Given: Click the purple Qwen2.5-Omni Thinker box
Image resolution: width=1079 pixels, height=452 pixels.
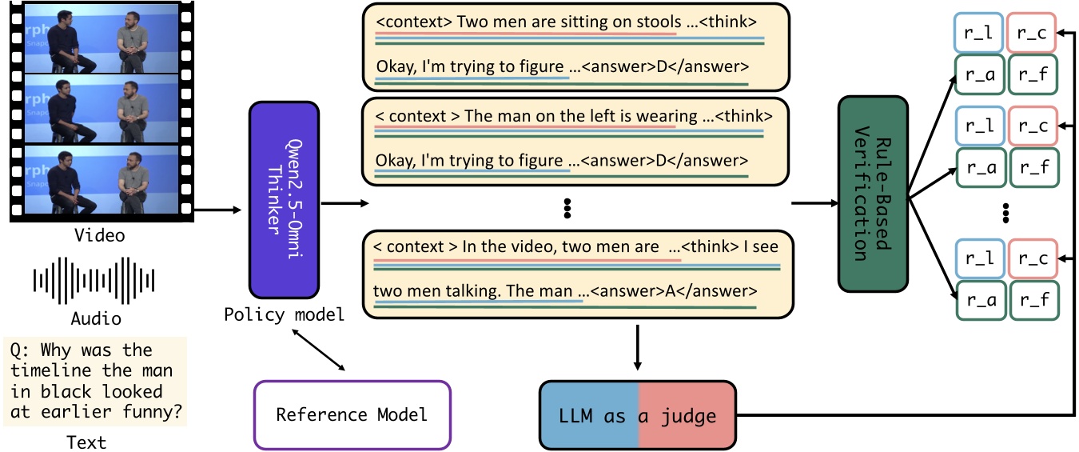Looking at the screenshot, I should [x=284, y=200].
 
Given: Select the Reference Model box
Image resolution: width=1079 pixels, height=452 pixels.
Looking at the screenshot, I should [x=352, y=414].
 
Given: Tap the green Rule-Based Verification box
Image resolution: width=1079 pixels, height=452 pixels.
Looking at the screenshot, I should [x=874, y=194].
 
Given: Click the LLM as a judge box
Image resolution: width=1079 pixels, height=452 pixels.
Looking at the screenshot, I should [x=637, y=416].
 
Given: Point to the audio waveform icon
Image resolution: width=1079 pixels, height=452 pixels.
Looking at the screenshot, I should [x=94, y=280].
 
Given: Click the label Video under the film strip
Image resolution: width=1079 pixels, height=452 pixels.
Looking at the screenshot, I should [x=99, y=236].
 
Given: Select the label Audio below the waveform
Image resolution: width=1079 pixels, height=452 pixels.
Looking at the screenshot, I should [x=96, y=319].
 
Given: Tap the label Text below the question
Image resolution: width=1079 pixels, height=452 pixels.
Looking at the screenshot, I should [x=86, y=442].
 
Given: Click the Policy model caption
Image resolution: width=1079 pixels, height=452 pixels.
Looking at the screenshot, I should [x=284, y=314].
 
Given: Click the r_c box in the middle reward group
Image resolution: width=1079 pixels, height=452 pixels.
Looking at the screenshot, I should [x=1032, y=126].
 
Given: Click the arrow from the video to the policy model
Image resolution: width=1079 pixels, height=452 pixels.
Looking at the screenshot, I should [x=217, y=210].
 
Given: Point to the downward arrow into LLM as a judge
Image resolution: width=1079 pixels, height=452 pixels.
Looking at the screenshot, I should [x=637, y=348].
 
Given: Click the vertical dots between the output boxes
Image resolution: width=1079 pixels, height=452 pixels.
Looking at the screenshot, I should [x=567, y=209].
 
